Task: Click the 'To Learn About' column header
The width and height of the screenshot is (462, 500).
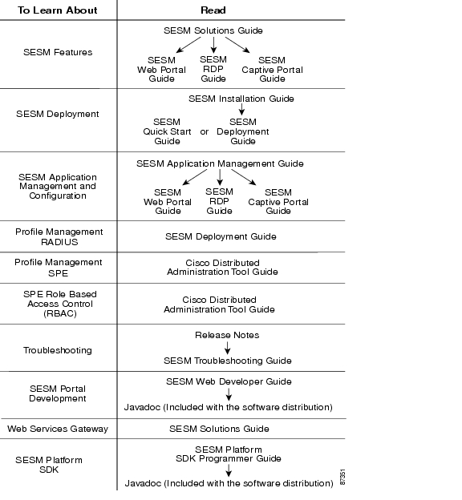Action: pos(58,10)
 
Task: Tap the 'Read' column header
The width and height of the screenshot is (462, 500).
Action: pos(213,10)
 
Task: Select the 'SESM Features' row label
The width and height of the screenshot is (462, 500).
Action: pos(58,52)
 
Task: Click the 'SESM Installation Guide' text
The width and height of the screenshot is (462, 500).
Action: pos(241,99)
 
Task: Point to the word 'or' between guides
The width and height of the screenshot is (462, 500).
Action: pos(205,131)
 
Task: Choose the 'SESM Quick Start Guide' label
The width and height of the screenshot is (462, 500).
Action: pos(167,131)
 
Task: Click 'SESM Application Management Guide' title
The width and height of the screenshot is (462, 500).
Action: pos(220,163)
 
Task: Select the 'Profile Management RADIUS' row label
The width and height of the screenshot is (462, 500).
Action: pos(59,236)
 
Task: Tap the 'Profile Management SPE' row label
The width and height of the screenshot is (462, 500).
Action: pos(59,268)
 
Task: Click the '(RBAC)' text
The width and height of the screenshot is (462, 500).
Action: pos(60,313)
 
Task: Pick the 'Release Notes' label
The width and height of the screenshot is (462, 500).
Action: pos(227,335)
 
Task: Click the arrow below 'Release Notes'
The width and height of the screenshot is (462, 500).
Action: pos(227,348)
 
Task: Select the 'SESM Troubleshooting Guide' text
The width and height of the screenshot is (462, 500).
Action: pos(228,361)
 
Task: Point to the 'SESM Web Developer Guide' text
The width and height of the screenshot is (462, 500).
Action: pos(229,381)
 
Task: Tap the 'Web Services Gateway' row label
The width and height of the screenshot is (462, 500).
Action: pos(58,429)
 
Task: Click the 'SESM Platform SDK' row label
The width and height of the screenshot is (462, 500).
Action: pos(49,465)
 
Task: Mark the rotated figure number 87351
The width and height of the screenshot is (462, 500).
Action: pos(342,477)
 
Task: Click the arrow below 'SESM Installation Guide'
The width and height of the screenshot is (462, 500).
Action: pos(241,109)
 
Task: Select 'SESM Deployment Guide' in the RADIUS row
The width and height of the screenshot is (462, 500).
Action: pos(221,236)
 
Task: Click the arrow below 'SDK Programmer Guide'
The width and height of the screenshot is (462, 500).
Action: pos(229,470)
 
